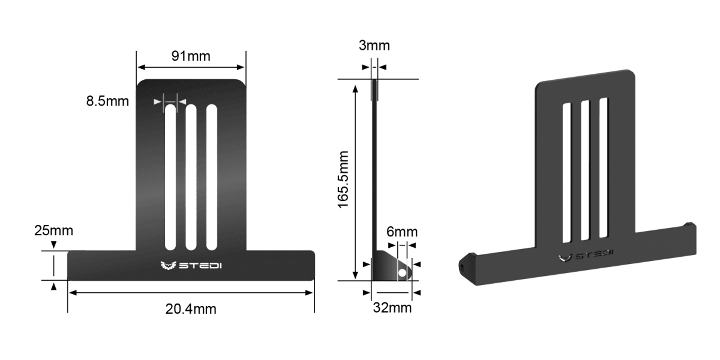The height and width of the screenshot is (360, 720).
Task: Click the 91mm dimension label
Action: [191, 56]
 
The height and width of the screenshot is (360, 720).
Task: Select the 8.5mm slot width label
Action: [107, 101]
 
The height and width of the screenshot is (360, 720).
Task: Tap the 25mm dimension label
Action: [53, 230]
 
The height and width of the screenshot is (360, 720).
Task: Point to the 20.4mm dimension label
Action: [191, 309]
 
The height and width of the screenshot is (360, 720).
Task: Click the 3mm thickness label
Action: [374, 46]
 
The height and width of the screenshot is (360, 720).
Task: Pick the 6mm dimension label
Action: [401, 232]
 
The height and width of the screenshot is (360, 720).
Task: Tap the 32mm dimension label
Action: [392, 308]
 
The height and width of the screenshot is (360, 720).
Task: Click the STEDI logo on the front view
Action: [191, 265]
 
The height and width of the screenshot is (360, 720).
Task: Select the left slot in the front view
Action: [171, 177]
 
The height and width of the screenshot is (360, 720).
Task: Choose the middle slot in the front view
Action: [191, 177]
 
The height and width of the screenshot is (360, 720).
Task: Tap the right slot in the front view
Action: [211, 177]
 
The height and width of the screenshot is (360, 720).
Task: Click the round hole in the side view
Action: [403, 273]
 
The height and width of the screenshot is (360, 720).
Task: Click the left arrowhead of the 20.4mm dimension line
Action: [71, 293]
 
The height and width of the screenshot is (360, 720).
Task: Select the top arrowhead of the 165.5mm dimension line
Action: [356, 88]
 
